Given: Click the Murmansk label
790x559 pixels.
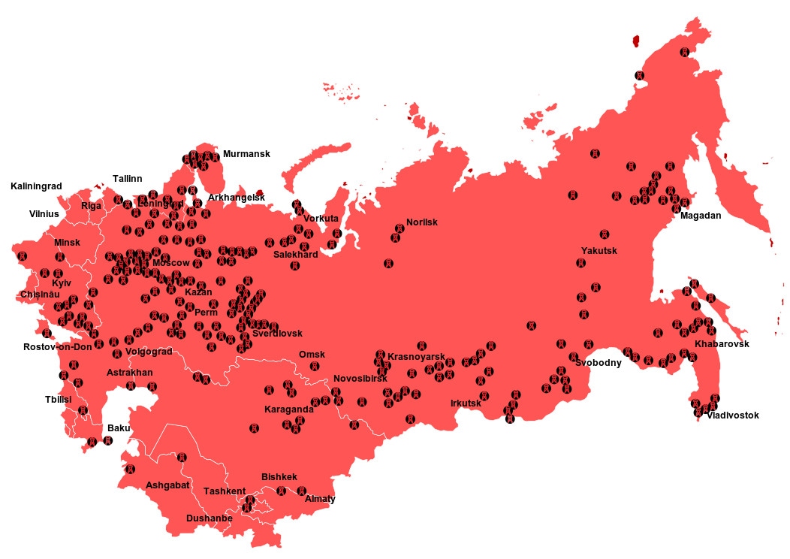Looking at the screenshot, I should (x=246, y=154).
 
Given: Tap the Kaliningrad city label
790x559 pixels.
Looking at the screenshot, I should (x=36, y=186).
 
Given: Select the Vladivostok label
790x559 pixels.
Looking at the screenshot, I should (x=732, y=415).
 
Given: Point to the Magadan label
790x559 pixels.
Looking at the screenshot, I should (x=700, y=216).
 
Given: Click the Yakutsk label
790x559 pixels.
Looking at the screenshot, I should (x=599, y=250).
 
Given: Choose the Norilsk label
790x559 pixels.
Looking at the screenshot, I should (x=421, y=222).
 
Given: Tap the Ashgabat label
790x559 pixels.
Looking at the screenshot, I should (x=167, y=485).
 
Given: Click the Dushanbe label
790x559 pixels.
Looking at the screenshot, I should (x=209, y=518).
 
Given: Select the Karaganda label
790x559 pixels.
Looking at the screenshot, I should (x=288, y=410).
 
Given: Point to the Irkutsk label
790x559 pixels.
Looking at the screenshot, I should (x=466, y=403).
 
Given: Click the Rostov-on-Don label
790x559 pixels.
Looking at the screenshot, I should (x=57, y=347).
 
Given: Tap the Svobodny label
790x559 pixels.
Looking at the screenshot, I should (x=599, y=363).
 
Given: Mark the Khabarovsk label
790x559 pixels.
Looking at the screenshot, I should (x=722, y=344).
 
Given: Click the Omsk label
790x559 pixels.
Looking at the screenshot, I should (x=312, y=355).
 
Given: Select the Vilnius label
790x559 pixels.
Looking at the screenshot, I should (x=44, y=214).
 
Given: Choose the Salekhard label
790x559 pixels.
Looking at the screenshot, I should (x=295, y=255).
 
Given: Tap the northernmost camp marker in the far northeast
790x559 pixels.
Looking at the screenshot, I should (x=684, y=52).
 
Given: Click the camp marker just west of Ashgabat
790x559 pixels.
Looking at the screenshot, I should (x=130, y=470).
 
